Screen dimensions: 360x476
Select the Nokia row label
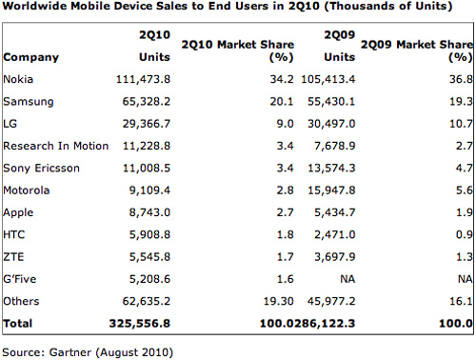click(19, 80)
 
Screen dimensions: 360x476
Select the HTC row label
click(16, 234)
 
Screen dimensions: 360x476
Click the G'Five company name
click(22, 278)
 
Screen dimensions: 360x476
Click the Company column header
click(30, 57)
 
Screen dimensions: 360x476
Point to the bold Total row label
click(18, 324)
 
